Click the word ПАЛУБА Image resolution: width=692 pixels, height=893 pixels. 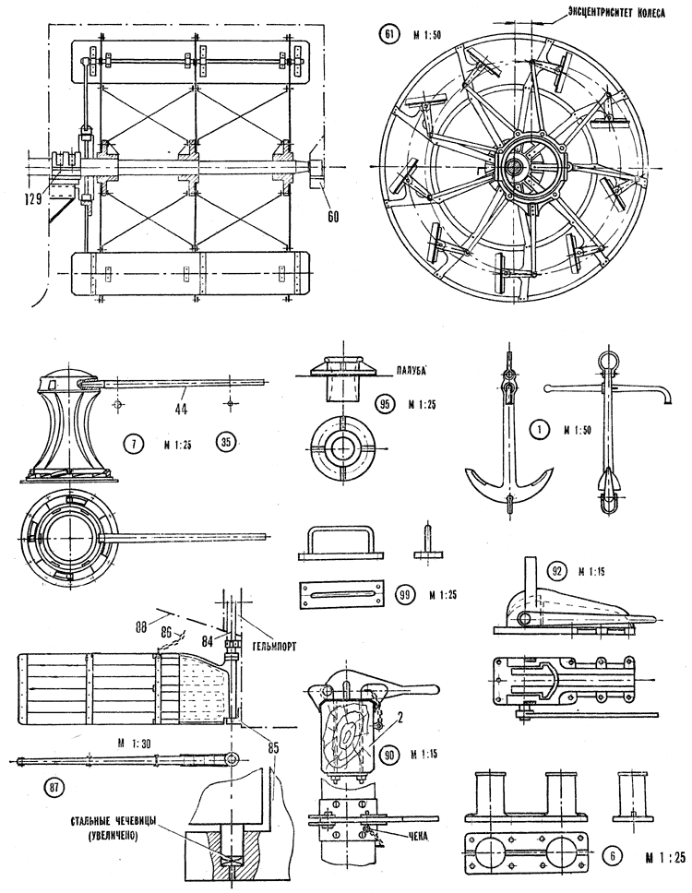[389, 367]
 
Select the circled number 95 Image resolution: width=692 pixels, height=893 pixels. [387, 405]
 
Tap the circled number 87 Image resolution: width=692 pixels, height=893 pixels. [56, 787]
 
